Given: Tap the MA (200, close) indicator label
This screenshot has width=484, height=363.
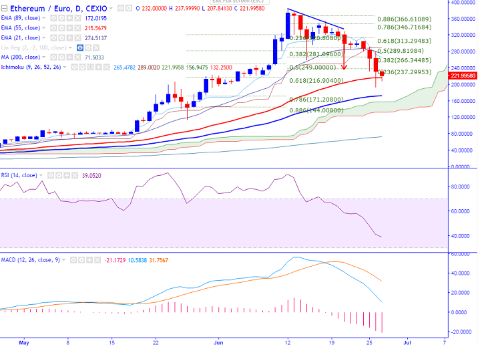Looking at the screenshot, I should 20,58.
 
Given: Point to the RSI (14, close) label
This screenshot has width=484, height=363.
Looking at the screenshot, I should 19,175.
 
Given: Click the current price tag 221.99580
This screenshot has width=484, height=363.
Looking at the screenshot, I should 463,76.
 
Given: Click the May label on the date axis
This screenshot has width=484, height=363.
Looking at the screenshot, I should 25,342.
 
